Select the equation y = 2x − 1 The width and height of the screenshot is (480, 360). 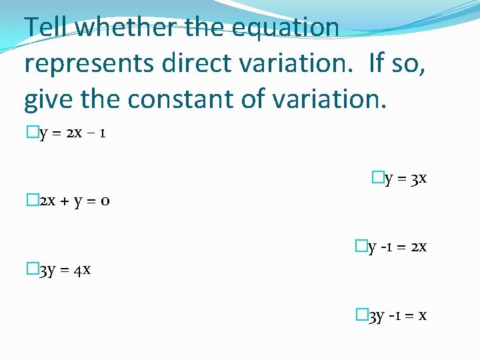tap(71, 133)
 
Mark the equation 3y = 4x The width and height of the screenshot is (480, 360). tap(65, 269)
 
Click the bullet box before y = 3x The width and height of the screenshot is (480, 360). tap(377, 178)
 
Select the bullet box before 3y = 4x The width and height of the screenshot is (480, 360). tap(31, 269)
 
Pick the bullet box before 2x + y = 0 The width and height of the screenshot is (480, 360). tap(31, 200)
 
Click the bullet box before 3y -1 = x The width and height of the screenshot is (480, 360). tap(362, 315)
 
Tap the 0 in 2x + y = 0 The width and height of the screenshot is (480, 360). tap(105, 201)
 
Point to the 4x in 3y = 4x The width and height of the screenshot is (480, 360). tap(83, 269)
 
